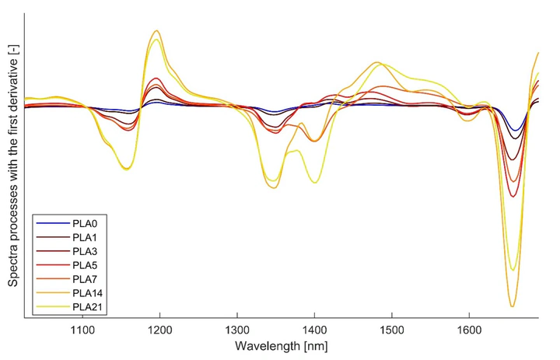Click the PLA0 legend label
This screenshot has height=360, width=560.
coord(83,223)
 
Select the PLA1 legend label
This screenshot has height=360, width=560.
coord(83,237)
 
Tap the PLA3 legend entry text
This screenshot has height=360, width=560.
coord(83,251)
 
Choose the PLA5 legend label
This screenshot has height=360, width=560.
coord(83,265)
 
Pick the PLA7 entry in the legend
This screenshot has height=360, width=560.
coord(83,279)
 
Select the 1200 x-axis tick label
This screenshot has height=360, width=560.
coord(160,330)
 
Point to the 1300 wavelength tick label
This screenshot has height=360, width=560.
coord(237,330)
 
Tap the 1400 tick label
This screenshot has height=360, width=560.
coord(314,330)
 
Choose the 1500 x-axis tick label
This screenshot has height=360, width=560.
coord(391,330)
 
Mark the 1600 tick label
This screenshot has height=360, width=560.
coord(469,330)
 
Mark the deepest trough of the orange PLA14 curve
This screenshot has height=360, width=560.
coord(511,306)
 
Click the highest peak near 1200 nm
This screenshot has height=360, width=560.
coord(157,31)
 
